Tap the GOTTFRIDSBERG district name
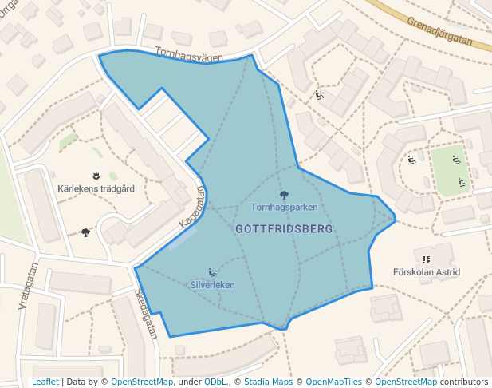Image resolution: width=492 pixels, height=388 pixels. click(x=284, y=228)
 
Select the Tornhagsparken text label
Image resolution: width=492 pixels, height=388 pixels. click(x=284, y=208)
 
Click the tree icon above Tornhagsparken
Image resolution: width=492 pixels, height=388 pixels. click(x=284, y=195)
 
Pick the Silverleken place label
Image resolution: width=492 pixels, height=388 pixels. click(x=213, y=285)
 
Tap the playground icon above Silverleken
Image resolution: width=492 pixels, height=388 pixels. click(x=212, y=272)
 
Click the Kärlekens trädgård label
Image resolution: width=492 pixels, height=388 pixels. click(x=96, y=189)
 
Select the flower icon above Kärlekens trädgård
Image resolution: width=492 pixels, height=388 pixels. click(x=96, y=175)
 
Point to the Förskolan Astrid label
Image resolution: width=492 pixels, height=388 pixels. click(x=427, y=272)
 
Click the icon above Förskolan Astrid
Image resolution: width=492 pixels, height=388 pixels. click(x=426, y=259)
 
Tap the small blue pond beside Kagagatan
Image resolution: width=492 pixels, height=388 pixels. click(x=183, y=237)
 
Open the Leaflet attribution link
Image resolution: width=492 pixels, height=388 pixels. click(x=45, y=382)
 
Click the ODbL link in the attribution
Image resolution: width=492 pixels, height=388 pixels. click(x=215, y=382)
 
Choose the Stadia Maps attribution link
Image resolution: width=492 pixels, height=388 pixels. click(x=268, y=382)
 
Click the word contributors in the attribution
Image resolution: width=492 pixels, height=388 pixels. click(x=463, y=382)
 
